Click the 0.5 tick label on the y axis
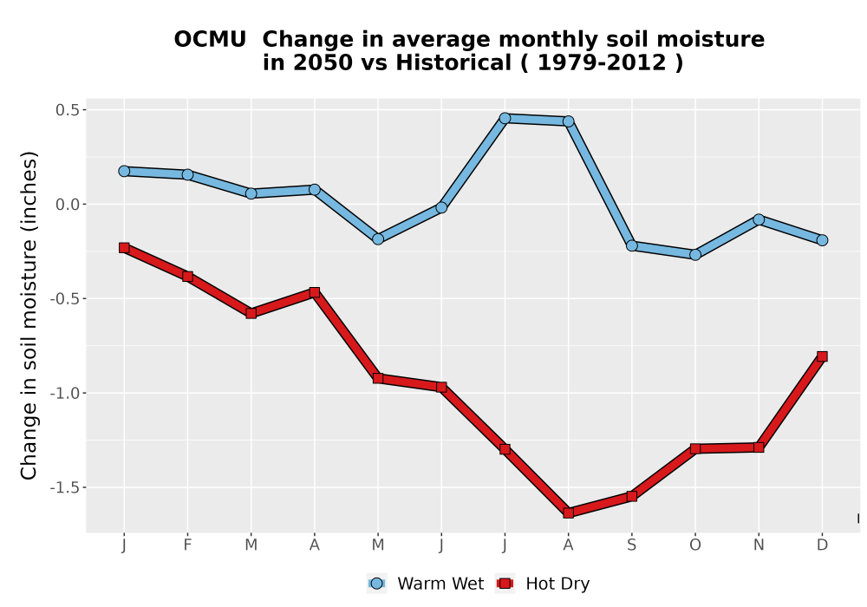point(67,110)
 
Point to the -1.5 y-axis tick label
point(65,487)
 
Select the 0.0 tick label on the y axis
point(67,205)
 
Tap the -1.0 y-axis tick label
point(65,393)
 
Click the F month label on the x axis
point(187,545)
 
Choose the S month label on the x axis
point(631,545)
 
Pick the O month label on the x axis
point(695,545)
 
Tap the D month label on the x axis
point(822,545)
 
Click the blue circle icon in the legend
point(376,584)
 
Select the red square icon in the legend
point(505,584)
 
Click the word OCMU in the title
point(210,40)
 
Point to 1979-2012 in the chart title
point(602,63)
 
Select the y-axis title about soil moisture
point(29,315)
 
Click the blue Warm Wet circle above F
point(187,174)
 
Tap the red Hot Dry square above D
point(822,356)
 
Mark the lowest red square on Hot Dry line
point(569,513)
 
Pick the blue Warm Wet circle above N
point(759,219)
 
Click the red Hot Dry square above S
point(631,496)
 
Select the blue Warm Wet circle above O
point(695,255)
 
